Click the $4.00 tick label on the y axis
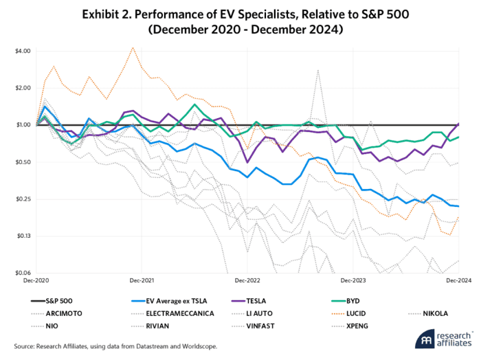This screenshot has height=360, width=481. tap(22, 51)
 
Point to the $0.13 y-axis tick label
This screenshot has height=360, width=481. tap(22, 236)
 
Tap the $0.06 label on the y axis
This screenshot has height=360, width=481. tap(22, 273)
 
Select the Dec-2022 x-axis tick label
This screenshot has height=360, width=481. tap(247, 281)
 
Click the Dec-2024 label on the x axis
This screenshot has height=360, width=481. tap(458, 281)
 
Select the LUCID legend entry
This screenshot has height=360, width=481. tap(362, 313)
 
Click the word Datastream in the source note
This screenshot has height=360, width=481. tap(137, 346)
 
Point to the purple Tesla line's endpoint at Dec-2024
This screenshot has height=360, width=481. tap(458, 124)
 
